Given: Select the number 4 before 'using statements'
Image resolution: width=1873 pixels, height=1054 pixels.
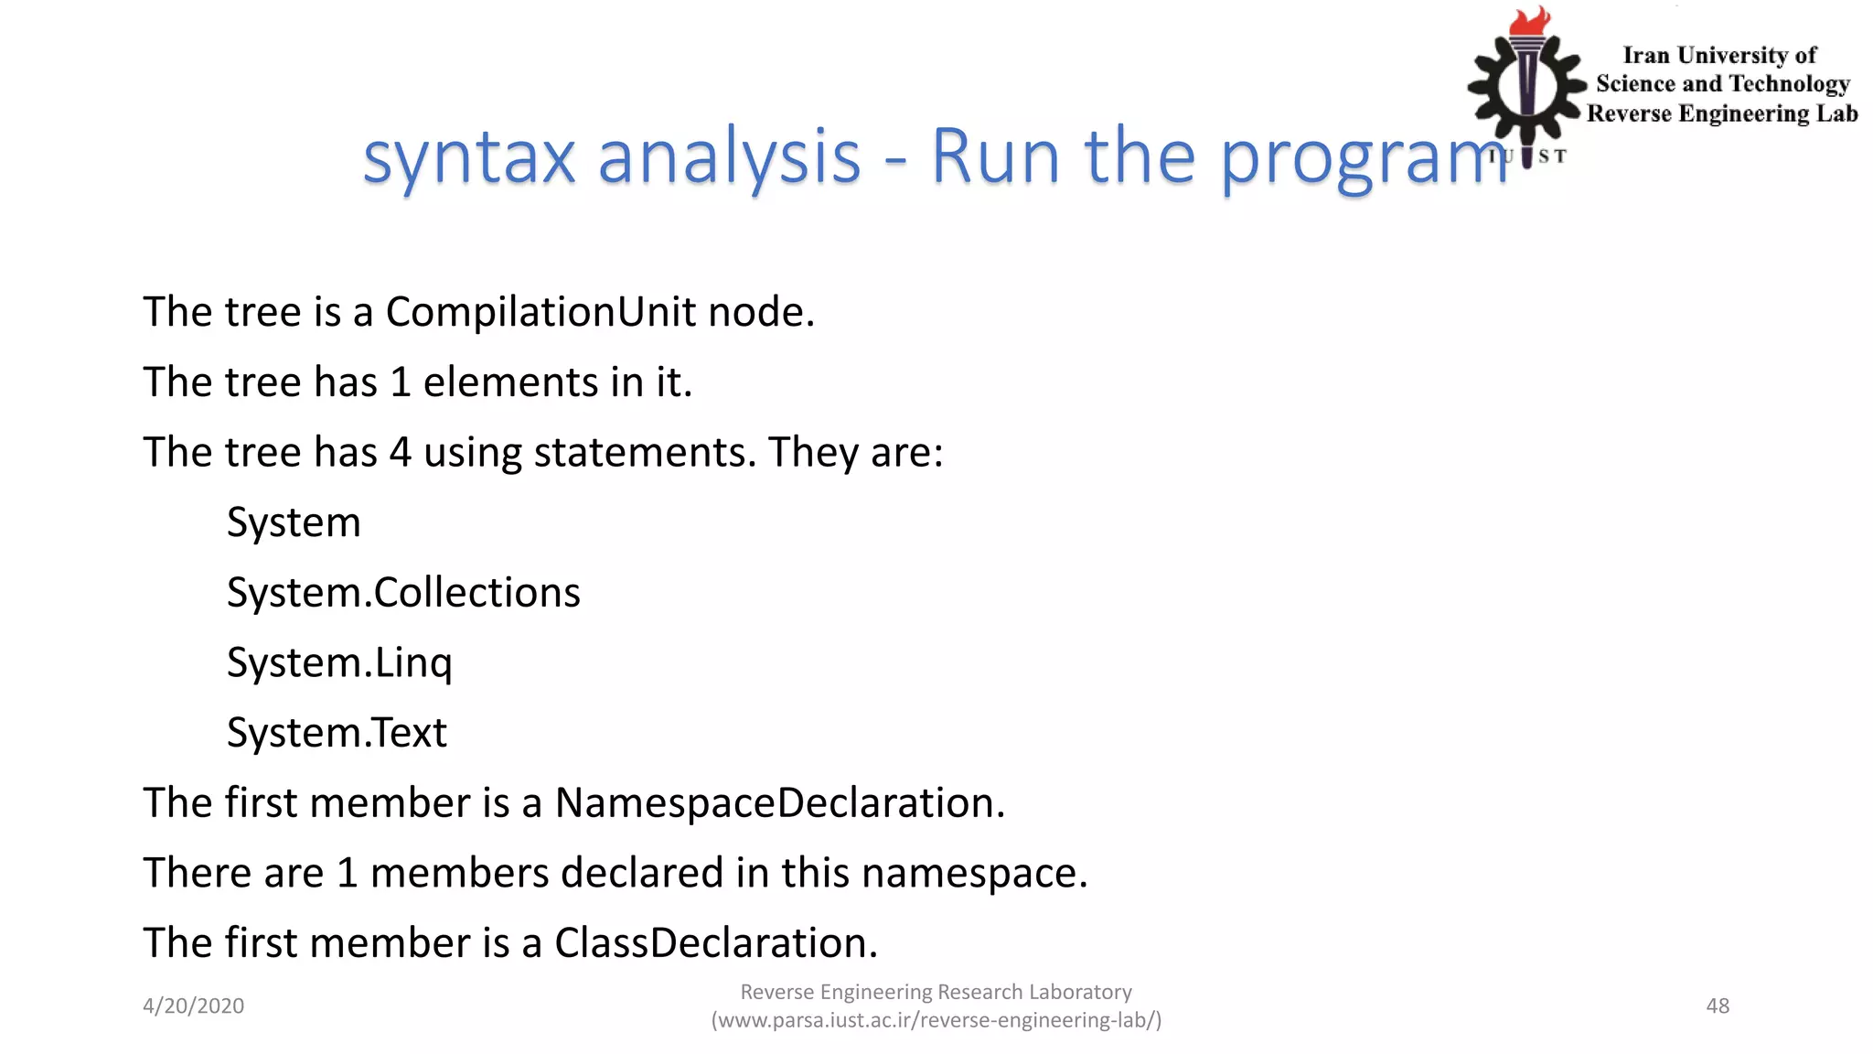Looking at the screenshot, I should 400,453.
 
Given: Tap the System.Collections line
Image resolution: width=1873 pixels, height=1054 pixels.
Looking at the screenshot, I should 403,593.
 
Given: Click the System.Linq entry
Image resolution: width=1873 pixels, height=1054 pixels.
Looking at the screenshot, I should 339,663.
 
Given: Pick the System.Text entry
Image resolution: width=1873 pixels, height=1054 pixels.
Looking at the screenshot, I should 337,733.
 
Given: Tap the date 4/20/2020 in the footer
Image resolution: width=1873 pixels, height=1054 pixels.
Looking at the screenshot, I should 193,1006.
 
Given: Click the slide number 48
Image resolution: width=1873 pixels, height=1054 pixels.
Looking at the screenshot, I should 1718,1006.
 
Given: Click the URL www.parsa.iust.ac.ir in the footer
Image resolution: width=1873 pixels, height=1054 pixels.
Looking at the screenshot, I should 936,1020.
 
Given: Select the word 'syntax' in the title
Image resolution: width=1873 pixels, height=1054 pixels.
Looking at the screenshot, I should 469,157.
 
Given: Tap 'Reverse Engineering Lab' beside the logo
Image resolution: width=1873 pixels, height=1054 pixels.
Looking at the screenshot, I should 1722,113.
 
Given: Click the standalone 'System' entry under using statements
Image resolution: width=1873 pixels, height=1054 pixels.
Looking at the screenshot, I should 294,522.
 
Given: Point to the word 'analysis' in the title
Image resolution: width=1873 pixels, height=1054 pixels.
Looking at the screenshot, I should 729,157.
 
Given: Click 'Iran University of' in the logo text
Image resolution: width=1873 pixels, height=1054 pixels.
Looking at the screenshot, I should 1719,56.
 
